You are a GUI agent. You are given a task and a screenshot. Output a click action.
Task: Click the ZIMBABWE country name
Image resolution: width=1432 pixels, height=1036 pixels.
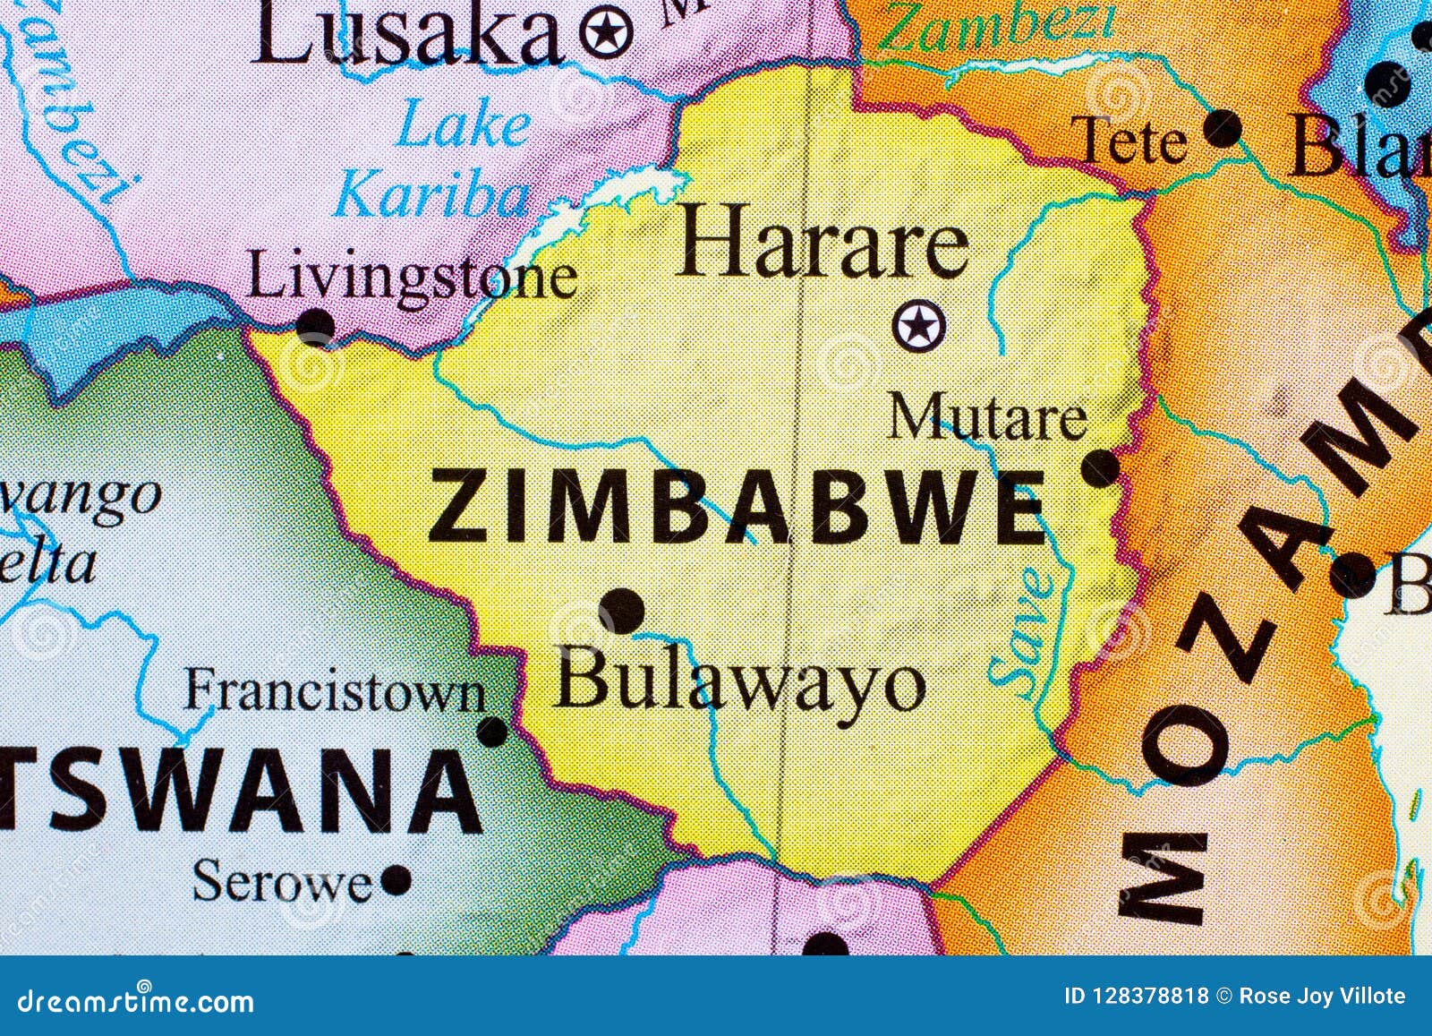point(737,509)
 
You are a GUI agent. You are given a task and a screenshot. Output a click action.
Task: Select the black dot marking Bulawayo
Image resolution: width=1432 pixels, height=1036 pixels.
point(622,612)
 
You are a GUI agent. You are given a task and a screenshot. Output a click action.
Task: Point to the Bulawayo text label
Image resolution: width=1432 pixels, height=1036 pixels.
point(739,685)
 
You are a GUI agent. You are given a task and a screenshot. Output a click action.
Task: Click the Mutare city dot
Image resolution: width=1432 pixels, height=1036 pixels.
point(1101,467)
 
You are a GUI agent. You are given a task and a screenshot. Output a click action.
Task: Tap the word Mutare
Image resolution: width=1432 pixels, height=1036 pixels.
point(987,418)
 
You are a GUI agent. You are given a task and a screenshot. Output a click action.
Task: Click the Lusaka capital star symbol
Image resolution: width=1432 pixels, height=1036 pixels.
point(606,33)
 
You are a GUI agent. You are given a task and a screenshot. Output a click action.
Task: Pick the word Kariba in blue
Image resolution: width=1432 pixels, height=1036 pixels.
point(432,195)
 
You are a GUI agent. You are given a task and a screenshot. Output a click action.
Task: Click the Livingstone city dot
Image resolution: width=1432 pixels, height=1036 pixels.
point(315,325)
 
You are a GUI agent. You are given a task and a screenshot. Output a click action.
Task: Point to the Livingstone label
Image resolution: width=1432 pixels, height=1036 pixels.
point(411,278)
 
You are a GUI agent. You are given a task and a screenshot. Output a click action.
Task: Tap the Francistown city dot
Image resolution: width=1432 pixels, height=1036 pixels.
point(492,732)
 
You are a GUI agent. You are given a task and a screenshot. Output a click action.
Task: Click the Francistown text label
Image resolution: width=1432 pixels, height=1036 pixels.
point(335,692)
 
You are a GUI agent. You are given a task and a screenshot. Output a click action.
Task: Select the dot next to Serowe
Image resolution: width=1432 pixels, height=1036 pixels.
point(396,880)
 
